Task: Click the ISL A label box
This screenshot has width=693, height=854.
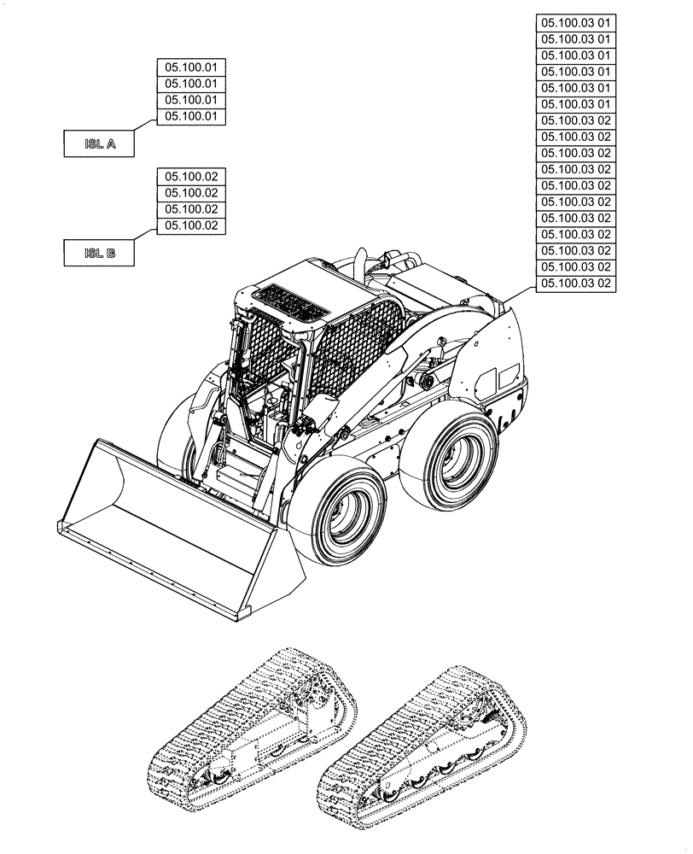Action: [100, 144]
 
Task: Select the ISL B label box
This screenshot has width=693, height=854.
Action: [100, 253]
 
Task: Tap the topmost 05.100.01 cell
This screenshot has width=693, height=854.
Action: [191, 67]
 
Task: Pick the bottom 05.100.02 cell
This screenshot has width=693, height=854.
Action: [191, 226]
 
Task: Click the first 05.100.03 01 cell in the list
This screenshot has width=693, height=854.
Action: [576, 23]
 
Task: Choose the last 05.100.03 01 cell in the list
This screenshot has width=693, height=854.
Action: [576, 104]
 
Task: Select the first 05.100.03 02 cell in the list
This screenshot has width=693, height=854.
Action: [576, 120]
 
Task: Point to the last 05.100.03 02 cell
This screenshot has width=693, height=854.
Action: [576, 284]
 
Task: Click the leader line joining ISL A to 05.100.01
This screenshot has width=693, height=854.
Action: [145, 125]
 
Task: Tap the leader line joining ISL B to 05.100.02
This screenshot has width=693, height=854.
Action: [145, 233]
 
